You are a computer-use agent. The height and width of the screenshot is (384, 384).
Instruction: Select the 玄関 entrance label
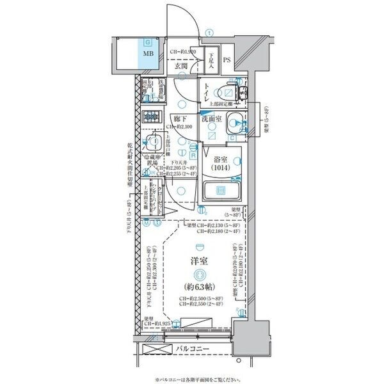point(182,66)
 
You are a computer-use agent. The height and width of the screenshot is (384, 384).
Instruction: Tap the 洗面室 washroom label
point(212,119)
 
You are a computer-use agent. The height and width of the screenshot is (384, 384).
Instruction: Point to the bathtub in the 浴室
point(221,191)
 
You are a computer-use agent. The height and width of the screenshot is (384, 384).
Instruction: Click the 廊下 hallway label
point(180,118)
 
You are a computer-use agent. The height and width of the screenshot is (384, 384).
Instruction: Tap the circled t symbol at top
point(209,33)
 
